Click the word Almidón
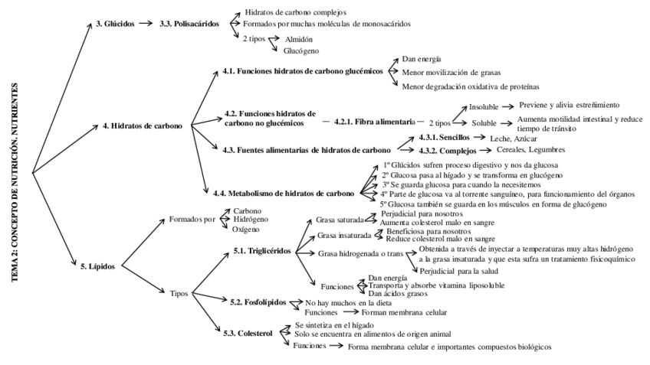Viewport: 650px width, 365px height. tap(300, 38)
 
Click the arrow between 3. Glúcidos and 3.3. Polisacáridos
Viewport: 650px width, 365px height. tap(145, 24)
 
